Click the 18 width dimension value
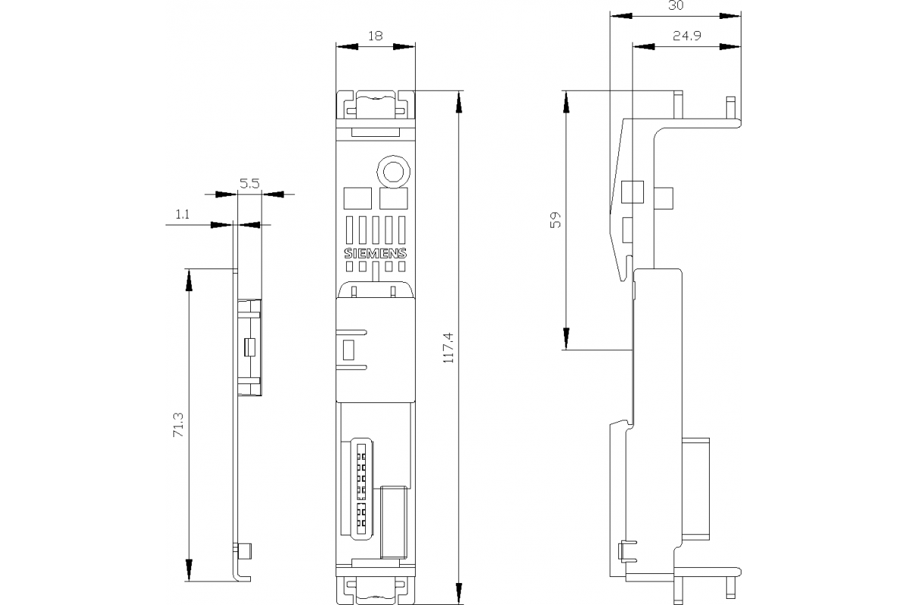(376, 35)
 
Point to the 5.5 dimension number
(249, 183)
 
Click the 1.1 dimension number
(182, 215)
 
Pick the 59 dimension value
(555, 220)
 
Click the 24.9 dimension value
(685, 35)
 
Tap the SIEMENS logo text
(376, 253)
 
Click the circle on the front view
(393, 172)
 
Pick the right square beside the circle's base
(393, 198)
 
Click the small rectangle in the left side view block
(250, 348)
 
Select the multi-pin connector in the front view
(361, 484)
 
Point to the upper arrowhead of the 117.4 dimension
(460, 101)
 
